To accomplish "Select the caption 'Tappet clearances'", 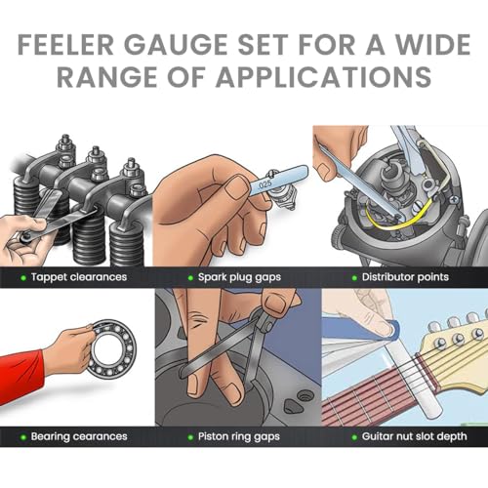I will tap(81, 277).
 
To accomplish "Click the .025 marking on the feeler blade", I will tap(264, 182).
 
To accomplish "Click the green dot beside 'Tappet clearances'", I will tap(22, 277).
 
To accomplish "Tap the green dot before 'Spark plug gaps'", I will tap(183, 277).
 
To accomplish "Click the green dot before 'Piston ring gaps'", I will tap(183, 436).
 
